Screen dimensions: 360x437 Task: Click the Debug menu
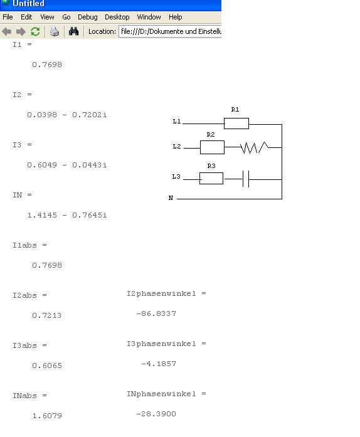tap(88, 17)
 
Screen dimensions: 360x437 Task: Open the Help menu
tap(176, 17)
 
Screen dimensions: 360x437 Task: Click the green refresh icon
tap(35, 31)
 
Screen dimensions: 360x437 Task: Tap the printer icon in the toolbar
tap(55, 31)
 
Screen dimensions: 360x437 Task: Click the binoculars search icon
tap(73, 31)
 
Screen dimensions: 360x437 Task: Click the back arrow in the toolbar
tap(7, 31)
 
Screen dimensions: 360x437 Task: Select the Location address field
tap(170, 31)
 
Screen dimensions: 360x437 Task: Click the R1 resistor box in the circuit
tap(236, 124)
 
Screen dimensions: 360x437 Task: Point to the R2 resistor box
tap(212, 147)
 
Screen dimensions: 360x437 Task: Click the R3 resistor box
tap(211, 178)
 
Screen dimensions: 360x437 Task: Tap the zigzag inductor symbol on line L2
tap(254, 147)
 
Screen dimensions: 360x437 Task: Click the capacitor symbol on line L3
tap(246, 179)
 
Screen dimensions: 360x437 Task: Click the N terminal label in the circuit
tap(171, 198)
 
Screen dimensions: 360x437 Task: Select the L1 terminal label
tap(177, 122)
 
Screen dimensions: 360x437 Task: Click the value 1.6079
tap(47, 416)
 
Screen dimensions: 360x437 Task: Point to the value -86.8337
tap(156, 314)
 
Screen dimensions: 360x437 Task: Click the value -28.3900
tap(156, 414)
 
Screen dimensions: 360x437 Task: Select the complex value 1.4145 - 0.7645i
tap(67, 215)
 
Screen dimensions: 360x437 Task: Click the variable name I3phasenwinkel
tap(161, 344)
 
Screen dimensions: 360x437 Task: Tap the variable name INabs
tap(24, 396)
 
